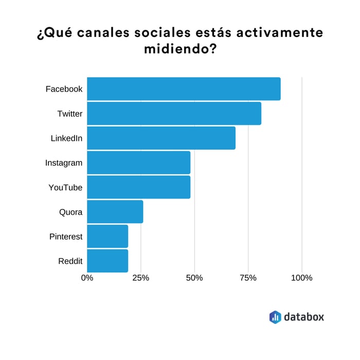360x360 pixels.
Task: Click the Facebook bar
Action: coord(184,89)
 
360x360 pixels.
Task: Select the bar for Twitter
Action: coord(174,114)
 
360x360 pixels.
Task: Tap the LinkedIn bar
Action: coord(161,138)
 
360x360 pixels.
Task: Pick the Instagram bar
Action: coord(138,163)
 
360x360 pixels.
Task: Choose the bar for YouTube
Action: coord(138,187)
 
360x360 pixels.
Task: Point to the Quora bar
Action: coord(115,212)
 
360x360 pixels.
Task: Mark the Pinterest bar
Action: coord(107,236)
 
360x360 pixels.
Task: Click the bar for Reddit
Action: coord(107,261)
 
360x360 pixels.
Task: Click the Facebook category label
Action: coord(64,89)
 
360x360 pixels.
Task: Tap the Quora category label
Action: coord(70,212)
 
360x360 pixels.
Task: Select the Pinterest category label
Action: coord(66,237)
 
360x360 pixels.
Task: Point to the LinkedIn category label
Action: coord(66,138)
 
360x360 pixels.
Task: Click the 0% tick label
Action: coord(87,278)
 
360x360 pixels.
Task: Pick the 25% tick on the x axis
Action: coord(140,278)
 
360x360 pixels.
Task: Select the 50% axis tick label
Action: coord(194,278)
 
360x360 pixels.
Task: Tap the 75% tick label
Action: coord(248,278)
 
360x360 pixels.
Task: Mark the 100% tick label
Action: coord(301,278)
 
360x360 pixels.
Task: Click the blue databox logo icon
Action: coord(275,317)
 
